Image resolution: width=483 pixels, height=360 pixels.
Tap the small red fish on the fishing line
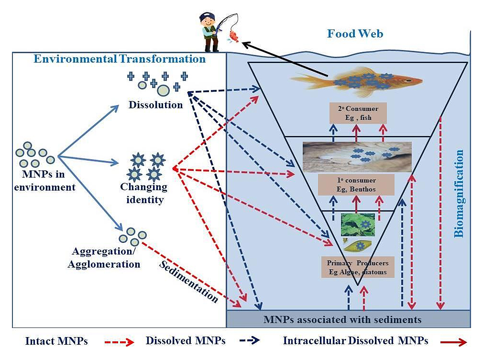(233, 35)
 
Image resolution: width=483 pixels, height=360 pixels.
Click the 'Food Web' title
(355, 34)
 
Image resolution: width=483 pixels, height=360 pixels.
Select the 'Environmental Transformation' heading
(120, 59)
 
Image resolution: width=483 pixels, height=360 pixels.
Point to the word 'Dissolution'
(156, 105)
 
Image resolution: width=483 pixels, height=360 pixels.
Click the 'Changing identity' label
(144, 193)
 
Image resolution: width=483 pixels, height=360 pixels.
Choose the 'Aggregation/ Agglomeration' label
(106, 258)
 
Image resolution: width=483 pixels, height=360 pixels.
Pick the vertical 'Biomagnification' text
(459, 194)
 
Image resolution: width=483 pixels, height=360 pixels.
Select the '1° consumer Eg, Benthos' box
(356, 185)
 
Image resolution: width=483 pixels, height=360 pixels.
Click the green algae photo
(358, 224)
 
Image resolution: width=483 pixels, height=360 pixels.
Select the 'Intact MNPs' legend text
(57, 341)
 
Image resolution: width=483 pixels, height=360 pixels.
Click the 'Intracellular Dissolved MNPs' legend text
(355, 341)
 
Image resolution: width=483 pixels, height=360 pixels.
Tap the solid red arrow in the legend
(453, 341)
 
